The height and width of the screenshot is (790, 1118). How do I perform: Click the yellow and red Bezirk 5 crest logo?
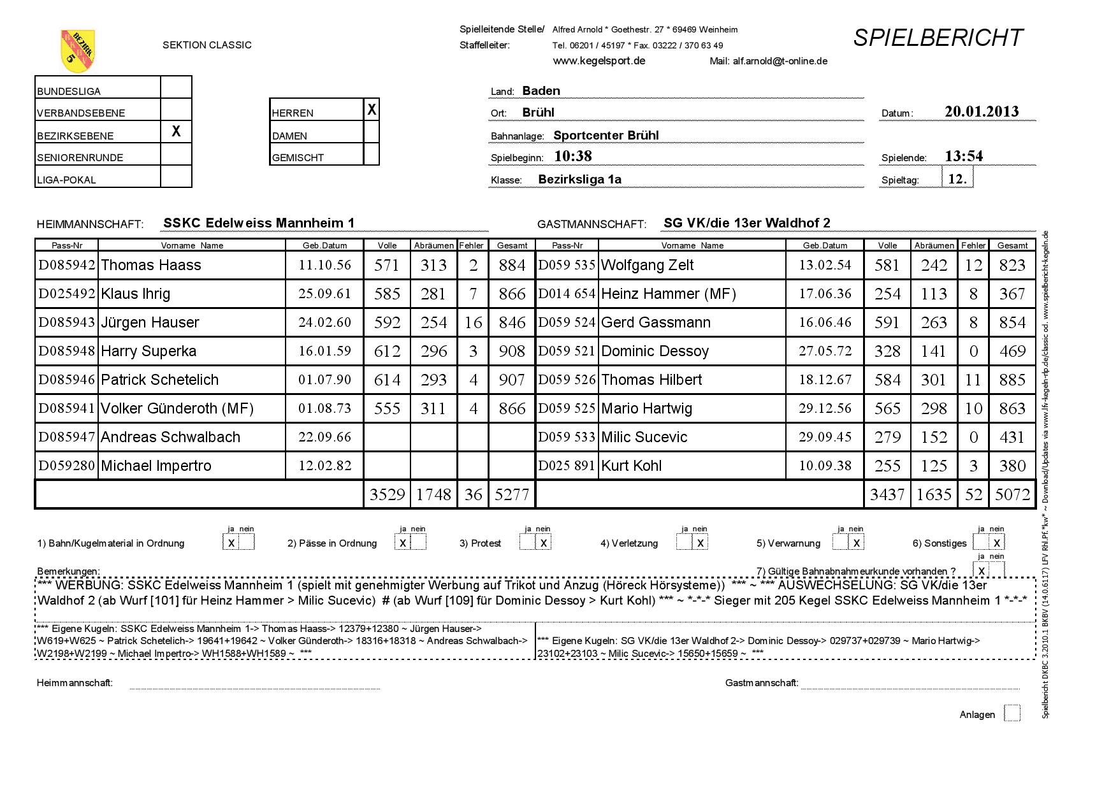tap(78, 51)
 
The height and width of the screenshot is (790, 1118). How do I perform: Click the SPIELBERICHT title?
tap(938, 38)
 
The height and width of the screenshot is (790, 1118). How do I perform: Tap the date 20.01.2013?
tap(981, 111)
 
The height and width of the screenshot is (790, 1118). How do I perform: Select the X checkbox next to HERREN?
tap(372, 110)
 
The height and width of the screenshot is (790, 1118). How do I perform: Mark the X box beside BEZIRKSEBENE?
tap(176, 131)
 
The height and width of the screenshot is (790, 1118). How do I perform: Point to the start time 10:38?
tap(573, 156)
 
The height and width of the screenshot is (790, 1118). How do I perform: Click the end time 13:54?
tap(963, 156)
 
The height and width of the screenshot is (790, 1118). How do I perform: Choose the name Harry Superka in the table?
tap(149, 351)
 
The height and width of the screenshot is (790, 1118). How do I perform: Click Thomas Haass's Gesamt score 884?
tap(512, 265)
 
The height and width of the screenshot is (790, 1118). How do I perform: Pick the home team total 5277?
tap(512, 494)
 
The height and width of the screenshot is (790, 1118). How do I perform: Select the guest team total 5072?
tap(1012, 494)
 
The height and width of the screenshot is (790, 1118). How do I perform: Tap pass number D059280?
tap(67, 466)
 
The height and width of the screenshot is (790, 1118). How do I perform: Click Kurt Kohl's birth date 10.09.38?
tap(825, 466)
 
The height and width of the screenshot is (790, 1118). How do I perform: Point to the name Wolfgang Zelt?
tap(647, 265)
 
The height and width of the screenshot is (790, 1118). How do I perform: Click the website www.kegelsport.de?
tap(599, 61)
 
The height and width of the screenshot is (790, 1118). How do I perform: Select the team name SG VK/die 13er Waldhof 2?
tap(746, 223)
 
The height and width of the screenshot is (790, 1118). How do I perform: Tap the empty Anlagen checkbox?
tap(1012, 714)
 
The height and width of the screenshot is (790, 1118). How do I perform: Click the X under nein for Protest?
tap(543, 543)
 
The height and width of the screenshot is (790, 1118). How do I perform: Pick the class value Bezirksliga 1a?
tap(579, 180)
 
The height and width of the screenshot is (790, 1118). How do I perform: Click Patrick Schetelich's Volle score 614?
tap(387, 380)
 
